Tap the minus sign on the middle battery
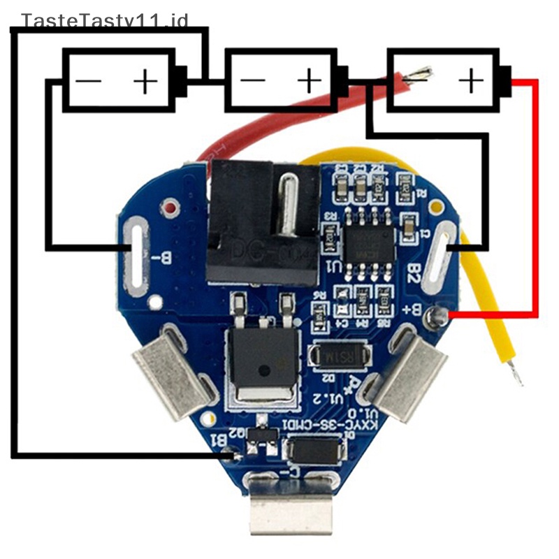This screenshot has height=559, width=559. (252, 81)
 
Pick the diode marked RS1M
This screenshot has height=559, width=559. (340, 357)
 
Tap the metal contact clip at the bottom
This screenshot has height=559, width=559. (291, 514)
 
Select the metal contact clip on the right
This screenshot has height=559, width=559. (409, 377)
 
